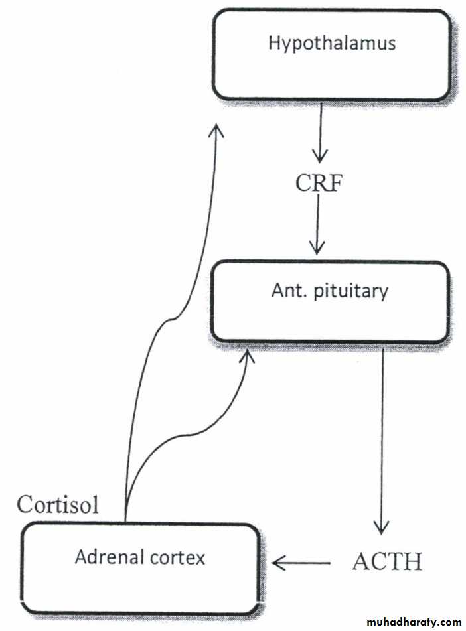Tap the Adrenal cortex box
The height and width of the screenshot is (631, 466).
point(139,568)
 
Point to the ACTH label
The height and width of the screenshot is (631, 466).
point(387,562)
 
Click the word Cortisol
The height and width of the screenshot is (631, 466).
point(58,504)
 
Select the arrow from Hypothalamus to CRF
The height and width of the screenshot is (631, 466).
point(320,133)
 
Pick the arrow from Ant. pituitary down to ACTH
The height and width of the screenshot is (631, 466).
point(382,438)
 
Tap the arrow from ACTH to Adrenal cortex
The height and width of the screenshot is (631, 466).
point(302,563)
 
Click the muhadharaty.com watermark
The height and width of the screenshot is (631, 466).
point(403,622)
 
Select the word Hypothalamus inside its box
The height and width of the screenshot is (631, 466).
point(331,44)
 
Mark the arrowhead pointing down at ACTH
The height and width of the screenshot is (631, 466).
point(381,528)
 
